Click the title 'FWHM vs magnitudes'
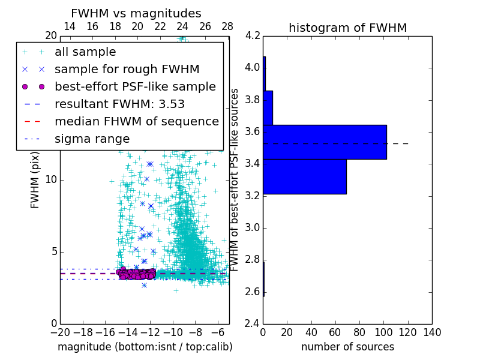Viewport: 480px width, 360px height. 136,13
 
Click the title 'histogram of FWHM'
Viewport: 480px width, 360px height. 347,28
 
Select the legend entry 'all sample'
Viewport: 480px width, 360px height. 85,52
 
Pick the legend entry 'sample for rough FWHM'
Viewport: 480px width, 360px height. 127,69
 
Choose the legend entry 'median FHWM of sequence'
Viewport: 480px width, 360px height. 136,121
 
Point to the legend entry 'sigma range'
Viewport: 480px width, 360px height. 92,139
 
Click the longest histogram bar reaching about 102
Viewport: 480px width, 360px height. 325,142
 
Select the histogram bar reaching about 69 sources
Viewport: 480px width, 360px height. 305,176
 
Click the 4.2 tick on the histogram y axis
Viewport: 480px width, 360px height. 253,35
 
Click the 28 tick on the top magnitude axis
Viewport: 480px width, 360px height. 227,26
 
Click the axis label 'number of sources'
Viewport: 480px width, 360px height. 347,347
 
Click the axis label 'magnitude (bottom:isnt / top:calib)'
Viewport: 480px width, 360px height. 145,347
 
